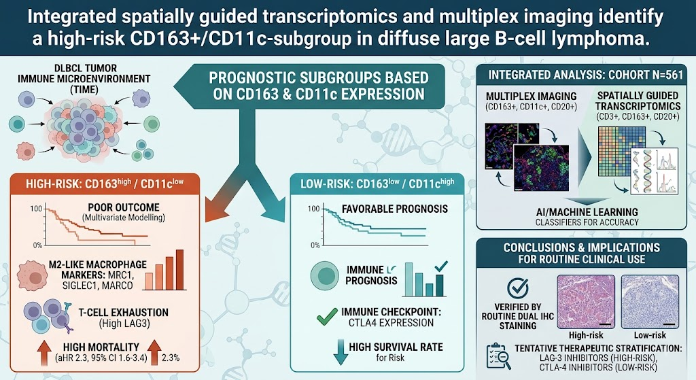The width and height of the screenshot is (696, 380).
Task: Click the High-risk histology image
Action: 586,302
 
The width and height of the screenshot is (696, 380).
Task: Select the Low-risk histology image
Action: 650,302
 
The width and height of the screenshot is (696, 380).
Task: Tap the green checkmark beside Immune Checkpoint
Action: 327,317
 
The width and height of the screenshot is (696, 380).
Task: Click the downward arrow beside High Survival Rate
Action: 341,352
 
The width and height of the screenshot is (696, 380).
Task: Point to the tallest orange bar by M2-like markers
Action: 179,269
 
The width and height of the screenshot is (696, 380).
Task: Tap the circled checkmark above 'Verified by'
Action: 517,288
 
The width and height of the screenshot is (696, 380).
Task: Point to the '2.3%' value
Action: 171,358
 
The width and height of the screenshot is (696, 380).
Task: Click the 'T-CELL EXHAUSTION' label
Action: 124,313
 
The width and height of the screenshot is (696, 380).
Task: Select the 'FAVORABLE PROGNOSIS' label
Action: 395,209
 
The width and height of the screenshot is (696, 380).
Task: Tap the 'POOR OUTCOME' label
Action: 124,207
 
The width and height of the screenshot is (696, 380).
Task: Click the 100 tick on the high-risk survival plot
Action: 36,209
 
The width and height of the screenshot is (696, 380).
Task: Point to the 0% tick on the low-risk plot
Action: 315,245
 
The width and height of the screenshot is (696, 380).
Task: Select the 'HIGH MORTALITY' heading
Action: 101,347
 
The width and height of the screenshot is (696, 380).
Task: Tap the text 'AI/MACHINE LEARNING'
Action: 587,212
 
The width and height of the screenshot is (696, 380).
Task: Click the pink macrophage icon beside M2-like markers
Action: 32,276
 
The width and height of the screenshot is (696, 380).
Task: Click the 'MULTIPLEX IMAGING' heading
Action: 531,97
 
